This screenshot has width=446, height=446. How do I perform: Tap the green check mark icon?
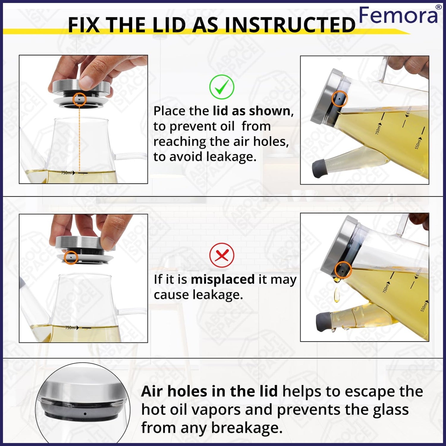[222, 87]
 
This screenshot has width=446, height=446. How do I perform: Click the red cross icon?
[222, 255]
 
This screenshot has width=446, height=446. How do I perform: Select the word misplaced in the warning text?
[223, 279]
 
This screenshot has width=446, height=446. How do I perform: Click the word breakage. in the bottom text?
[247, 428]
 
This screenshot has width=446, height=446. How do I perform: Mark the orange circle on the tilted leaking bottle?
[343, 270]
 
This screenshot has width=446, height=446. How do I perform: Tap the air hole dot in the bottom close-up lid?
[85, 414]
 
